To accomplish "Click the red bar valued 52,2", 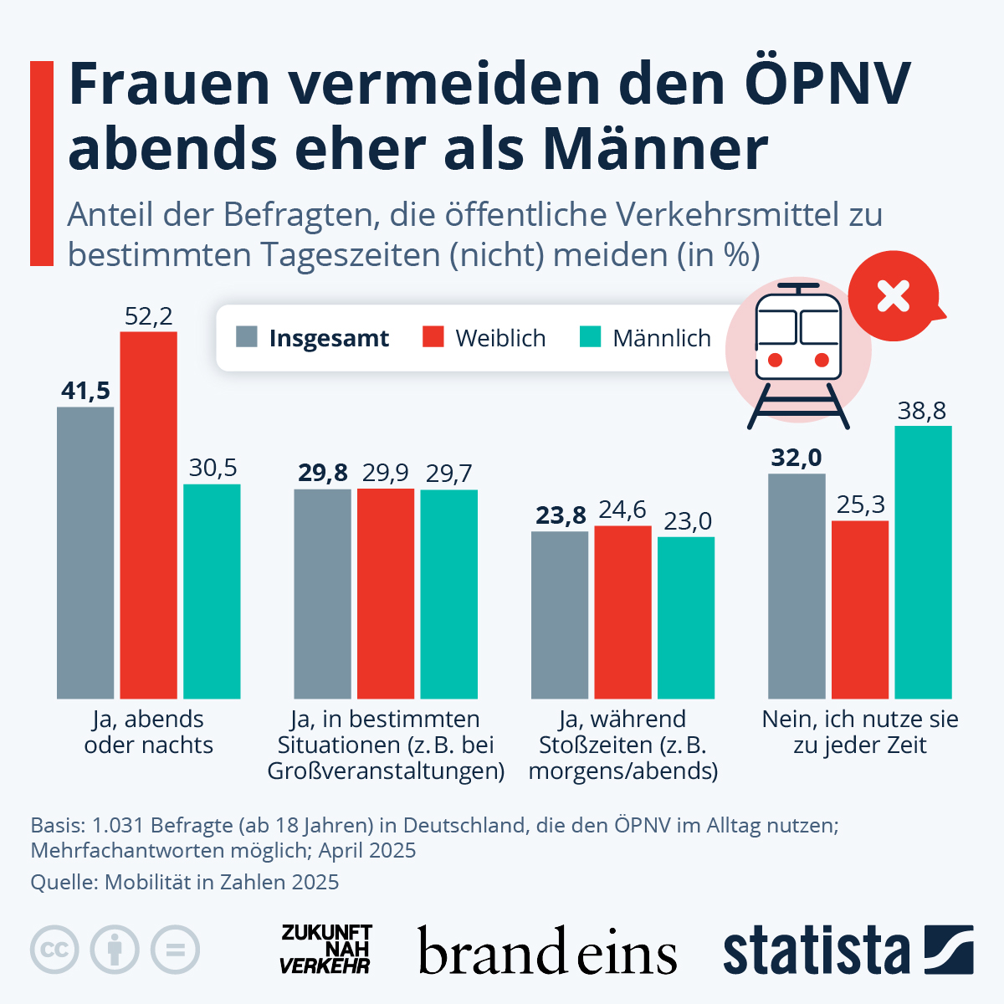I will (148, 515).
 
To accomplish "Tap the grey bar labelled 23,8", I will (560, 615).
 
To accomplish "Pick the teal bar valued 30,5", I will (212, 591).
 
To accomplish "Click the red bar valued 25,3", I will (860, 609).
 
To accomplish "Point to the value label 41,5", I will (85, 391).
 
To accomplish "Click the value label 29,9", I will (386, 474).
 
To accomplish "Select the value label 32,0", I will (797, 458).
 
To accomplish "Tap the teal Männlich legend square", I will (590, 337).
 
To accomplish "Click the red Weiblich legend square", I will (433, 337).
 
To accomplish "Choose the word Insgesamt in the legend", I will (329, 339).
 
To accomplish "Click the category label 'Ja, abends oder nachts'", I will (149, 732).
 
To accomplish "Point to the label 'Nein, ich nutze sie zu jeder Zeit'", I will (860, 732).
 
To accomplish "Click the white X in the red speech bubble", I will (893, 295).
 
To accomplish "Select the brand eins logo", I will (547, 951).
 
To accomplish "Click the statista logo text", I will (816, 950).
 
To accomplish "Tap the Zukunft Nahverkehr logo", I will (325, 950).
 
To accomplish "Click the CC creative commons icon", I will (55, 950).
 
